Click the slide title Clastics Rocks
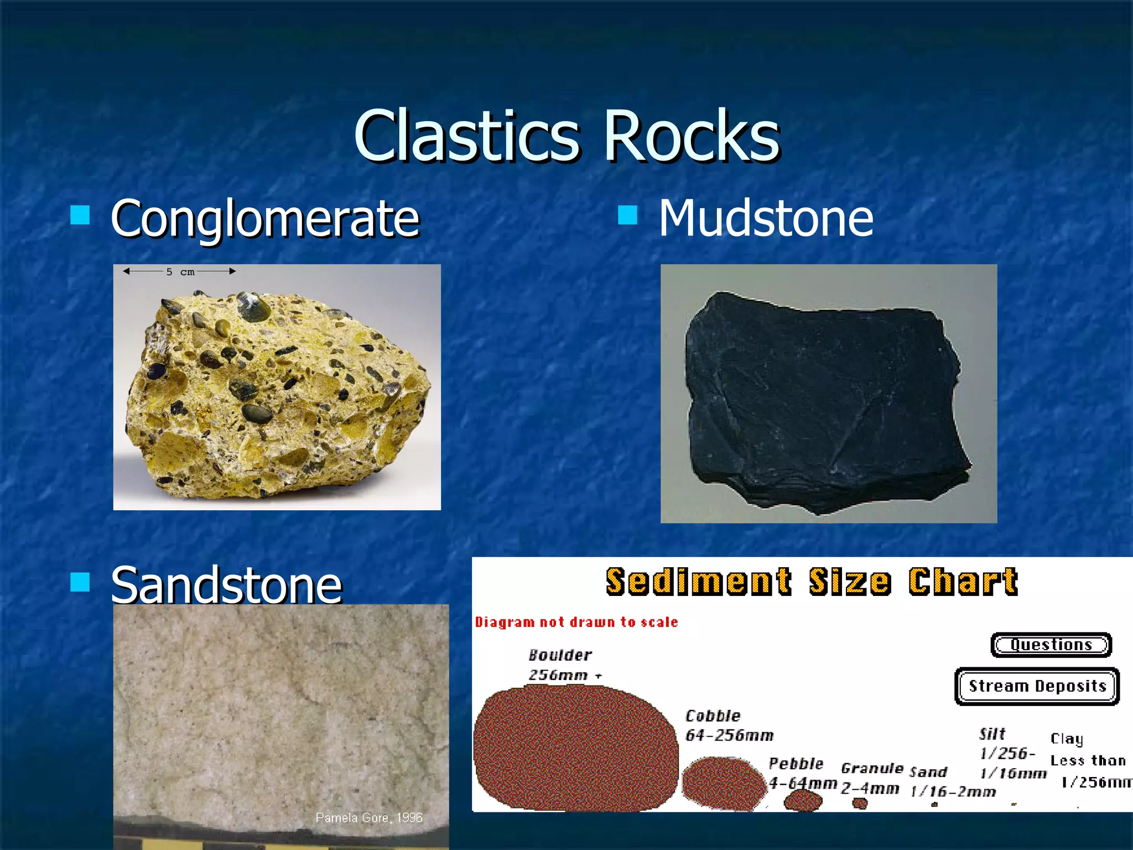[x=566, y=136]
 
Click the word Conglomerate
[x=265, y=219]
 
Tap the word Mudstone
[x=766, y=219]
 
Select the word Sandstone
[x=226, y=585]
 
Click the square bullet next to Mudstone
[x=627, y=215]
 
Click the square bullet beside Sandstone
[x=80, y=582]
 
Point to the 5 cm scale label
[x=180, y=272]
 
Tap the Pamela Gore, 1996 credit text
[x=369, y=817]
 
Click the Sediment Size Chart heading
[x=811, y=582]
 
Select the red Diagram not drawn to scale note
[x=576, y=622]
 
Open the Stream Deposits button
[x=1037, y=686]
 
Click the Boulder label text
[x=560, y=656]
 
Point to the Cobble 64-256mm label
[x=728, y=725]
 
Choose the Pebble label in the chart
[x=796, y=764]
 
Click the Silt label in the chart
[x=992, y=734]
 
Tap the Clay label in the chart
[x=1067, y=739]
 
